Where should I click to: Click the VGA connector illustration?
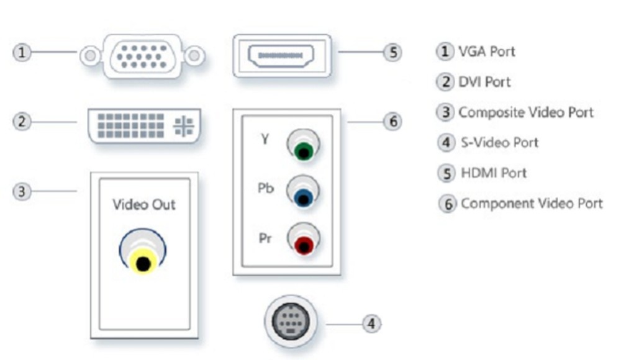142,56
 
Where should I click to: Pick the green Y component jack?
303,150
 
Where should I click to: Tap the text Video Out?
144,204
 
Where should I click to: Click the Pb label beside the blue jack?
265,188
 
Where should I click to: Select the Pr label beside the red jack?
265,238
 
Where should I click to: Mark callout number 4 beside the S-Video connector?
371,323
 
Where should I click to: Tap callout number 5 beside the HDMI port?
392,52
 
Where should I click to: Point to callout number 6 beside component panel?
392,122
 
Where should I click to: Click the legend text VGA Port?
486,52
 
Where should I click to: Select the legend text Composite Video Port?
525,112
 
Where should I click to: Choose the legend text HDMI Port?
494,173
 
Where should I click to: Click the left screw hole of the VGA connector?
91,56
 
